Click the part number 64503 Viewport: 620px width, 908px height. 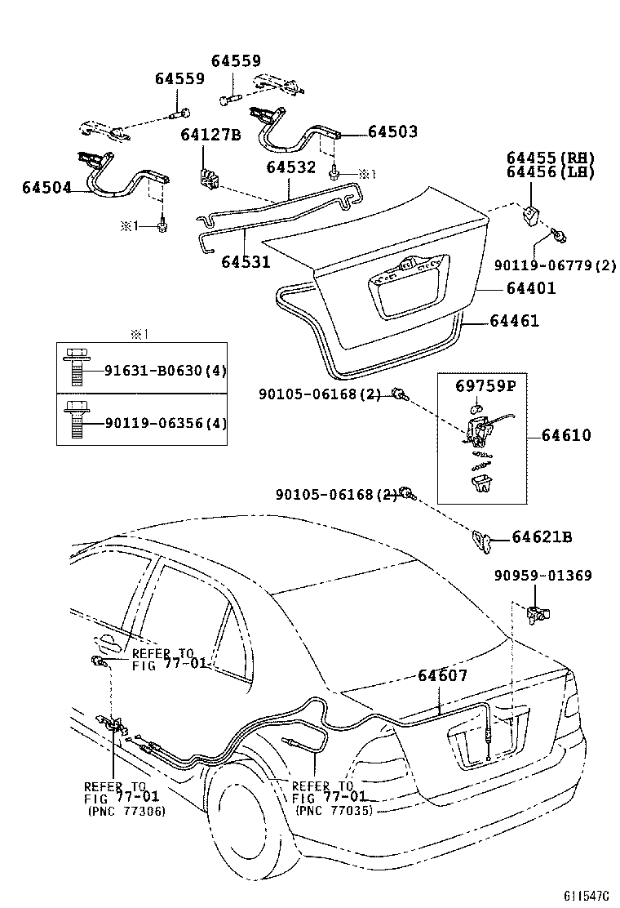392,131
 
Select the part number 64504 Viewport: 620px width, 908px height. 46,188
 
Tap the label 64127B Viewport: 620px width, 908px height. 210,136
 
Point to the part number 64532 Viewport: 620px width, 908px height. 290,167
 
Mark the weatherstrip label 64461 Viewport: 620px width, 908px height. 514,322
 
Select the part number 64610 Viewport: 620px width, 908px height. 566,436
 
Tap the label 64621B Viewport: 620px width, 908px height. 542,536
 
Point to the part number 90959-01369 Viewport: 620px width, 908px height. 542,576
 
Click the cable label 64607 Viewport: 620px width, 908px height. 442,675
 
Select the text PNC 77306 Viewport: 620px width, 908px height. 126,811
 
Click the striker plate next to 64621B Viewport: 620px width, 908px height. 481,539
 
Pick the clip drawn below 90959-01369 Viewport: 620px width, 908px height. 540,615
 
